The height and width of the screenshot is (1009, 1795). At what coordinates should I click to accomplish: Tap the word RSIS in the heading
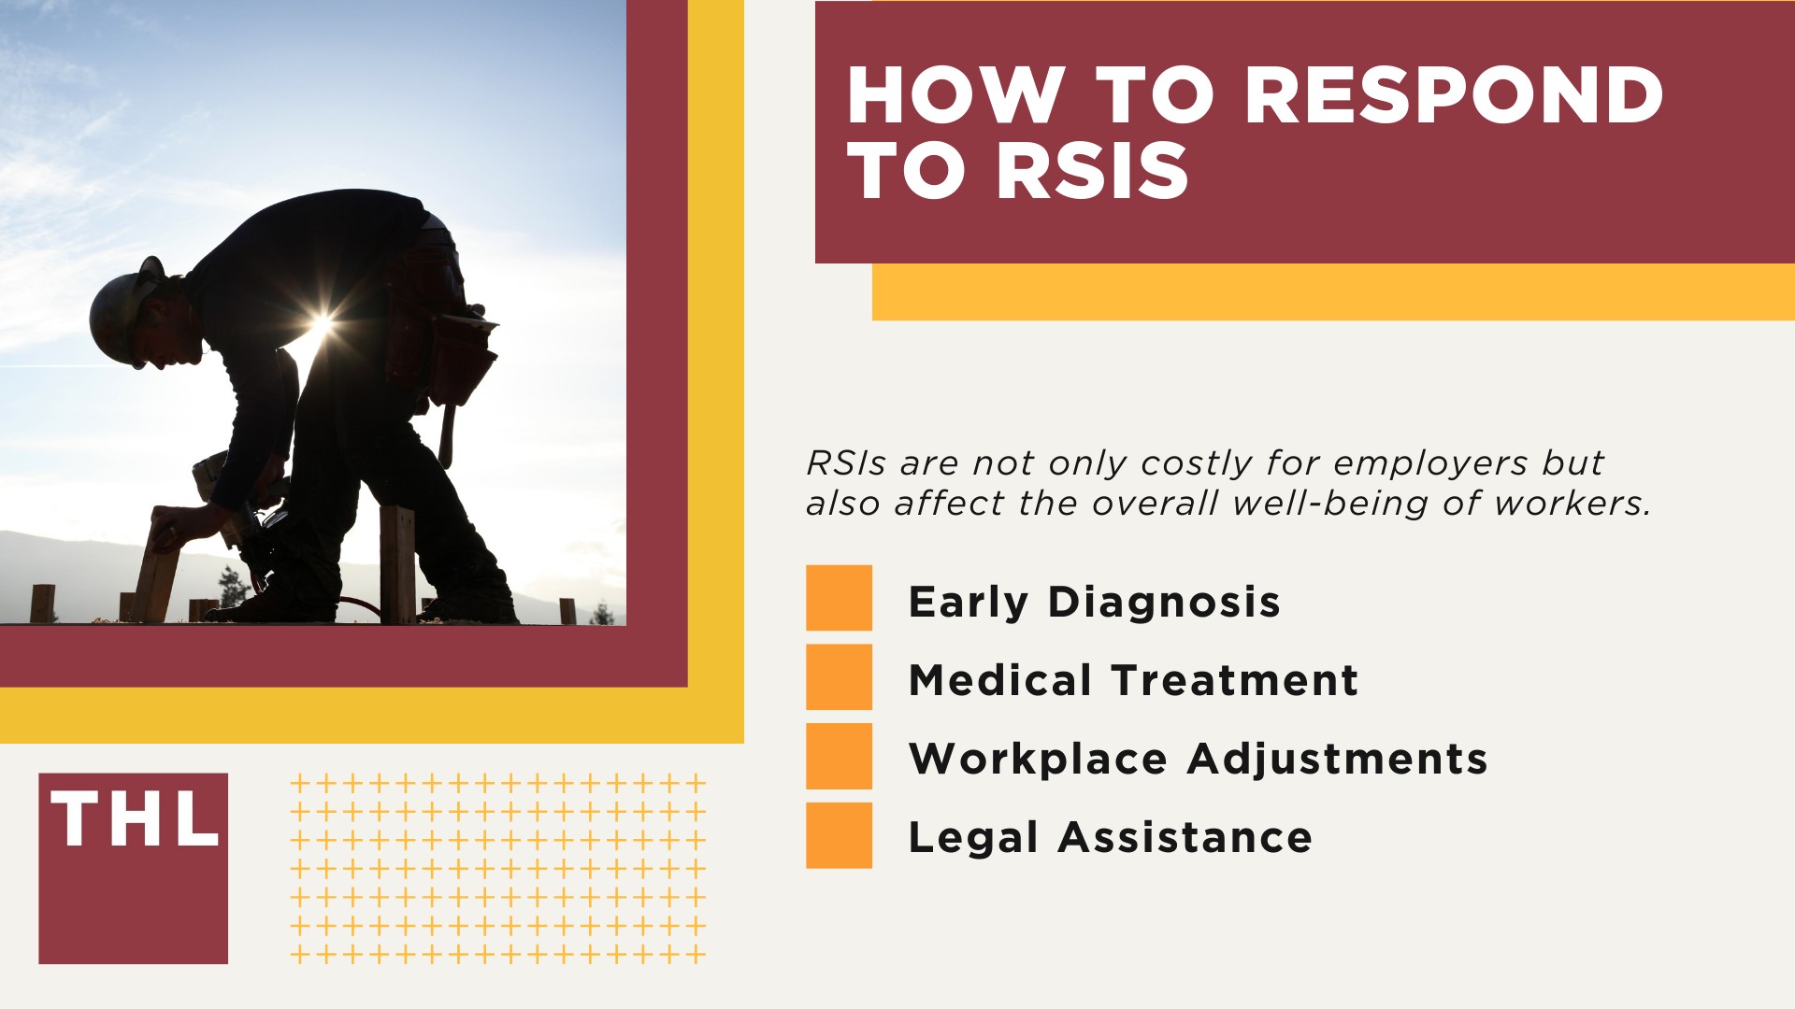(x=1091, y=172)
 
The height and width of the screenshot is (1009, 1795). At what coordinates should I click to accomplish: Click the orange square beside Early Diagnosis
(x=839, y=598)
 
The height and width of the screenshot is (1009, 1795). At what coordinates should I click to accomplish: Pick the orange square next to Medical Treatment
(x=839, y=676)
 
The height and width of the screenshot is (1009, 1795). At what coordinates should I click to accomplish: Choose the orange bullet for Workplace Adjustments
(x=839, y=756)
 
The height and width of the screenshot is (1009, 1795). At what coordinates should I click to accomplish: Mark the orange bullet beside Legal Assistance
(x=839, y=835)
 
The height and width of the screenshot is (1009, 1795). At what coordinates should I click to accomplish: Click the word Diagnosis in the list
(x=1164, y=603)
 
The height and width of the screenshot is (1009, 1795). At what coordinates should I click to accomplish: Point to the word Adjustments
(x=1337, y=760)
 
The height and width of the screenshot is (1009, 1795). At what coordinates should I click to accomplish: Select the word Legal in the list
(x=973, y=838)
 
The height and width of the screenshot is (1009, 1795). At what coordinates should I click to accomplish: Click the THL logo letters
(x=134, y=819)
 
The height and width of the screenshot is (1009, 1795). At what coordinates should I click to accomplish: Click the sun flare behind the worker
(x=321, y=326)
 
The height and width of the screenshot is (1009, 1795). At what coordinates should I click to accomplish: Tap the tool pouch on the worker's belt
(x=463, y=355)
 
